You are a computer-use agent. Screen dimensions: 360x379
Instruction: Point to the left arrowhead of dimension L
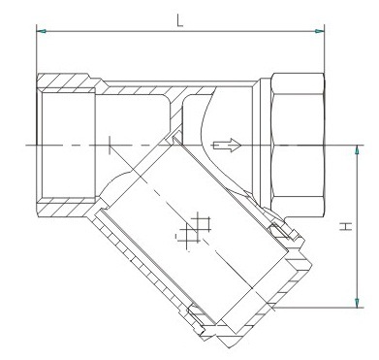point(42,32)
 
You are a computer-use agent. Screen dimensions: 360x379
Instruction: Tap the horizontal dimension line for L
point(180,32)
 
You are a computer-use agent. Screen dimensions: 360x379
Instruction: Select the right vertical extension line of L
point(325,53)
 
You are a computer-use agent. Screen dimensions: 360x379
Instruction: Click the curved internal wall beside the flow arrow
point(206,121)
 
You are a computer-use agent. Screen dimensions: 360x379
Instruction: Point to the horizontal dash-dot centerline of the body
point(145,146)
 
